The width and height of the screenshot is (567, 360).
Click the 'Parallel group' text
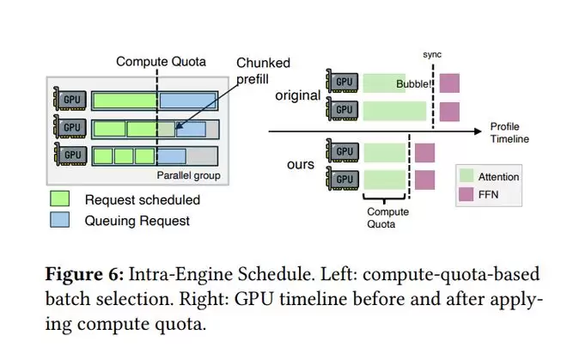pos(189,176)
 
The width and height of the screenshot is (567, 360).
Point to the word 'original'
pos(297,95)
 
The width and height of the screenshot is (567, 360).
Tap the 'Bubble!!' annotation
pos(414,84)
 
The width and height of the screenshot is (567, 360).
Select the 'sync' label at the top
pos(432,53)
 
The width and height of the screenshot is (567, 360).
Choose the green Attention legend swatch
pos(466,176)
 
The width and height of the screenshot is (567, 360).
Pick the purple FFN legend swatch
pos(466,194)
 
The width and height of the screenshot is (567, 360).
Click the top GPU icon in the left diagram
pos(70,100)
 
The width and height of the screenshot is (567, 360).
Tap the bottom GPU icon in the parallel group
pos(70,156)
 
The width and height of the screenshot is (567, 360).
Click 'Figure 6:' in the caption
pos(82,275)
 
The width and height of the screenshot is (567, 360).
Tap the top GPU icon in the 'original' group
pos(343,82)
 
